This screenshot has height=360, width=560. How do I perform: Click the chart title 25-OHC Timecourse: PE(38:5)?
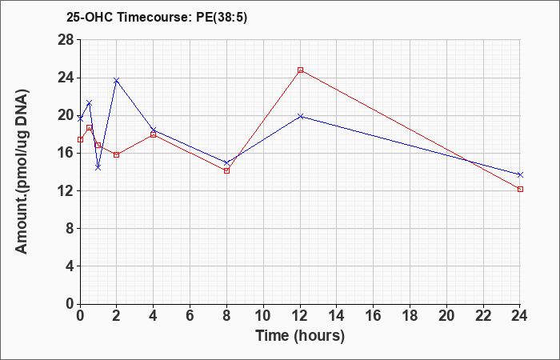pos(157,18)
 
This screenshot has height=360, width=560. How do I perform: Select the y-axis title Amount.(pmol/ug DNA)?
pos(22,171)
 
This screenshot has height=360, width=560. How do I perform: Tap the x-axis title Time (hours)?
pos(300,336)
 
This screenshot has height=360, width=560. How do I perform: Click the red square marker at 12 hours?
pos(300,70)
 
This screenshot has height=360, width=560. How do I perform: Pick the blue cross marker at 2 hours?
pos(117,81)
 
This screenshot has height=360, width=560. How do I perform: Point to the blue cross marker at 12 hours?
pos(300,117)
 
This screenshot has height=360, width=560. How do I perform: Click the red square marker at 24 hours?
pos(520,190)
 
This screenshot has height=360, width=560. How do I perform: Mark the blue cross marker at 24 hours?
pos(520,174)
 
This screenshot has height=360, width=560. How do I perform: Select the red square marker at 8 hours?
pos(226,170)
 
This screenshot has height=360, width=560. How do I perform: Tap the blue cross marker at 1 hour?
pos(98,167)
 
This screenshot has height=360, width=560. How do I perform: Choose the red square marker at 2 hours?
pos(117,154)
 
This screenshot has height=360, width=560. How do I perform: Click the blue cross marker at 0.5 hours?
pos(90,103)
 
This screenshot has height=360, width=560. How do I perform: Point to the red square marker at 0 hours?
pos(80,140)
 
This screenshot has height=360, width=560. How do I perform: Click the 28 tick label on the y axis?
pos(66,40)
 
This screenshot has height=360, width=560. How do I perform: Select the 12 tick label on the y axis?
pos(66,190)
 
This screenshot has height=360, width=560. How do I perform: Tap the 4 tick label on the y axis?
pos(70,266)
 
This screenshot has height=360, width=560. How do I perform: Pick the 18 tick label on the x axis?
pos(410,316)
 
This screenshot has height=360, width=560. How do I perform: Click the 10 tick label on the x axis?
pos(263,316)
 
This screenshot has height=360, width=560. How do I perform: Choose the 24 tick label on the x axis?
pos(519,316)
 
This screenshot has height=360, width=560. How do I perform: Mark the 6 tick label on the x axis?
pos(190,316)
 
